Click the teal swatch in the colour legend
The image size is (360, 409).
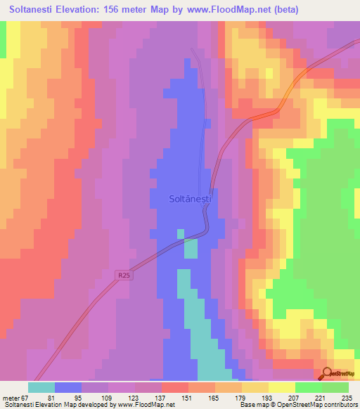(41, 387)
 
